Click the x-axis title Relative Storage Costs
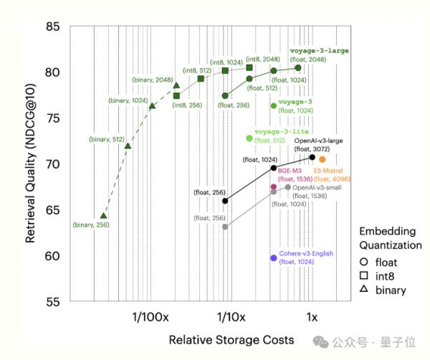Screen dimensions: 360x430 coord(231,338)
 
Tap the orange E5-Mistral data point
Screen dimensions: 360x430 coord(322,159)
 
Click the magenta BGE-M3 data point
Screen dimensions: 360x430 coord(274,187)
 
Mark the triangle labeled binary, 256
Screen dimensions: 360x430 coord(104,216)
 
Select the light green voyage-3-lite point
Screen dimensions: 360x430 coord(249,138)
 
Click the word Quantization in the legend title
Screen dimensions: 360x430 coord(391,245)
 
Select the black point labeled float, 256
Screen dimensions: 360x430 coord(225,201)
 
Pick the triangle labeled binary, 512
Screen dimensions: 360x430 coord(128,146)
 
